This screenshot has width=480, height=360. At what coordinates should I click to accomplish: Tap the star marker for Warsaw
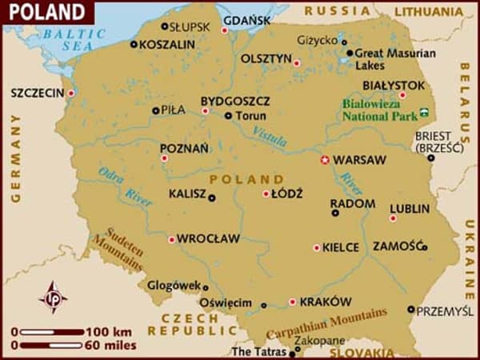click(x=325, y=159)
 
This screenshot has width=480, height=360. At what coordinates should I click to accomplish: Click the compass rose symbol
click(x=53, y=296)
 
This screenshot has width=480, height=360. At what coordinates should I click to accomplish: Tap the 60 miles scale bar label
click(x=109, y=345)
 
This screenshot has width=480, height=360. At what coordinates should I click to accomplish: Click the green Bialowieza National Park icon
click(x=425, y=109)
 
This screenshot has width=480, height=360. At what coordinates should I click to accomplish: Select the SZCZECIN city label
click(x=37, y=93)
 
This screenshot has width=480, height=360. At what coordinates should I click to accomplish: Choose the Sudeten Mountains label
click(x=118, y=249)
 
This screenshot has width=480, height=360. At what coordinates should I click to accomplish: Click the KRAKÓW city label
click(x=326, y=302)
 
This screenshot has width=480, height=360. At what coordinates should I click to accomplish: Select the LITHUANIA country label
click(x=423, y=12)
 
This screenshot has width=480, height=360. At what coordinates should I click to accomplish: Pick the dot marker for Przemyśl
click(x=411, y=309)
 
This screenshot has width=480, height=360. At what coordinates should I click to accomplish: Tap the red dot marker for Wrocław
click(x=171, y=238)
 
